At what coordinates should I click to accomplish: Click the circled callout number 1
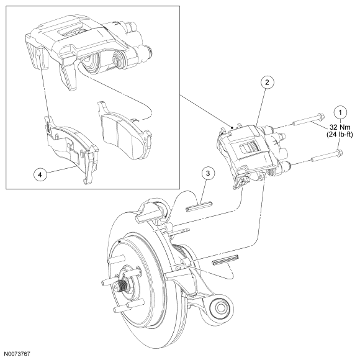340,112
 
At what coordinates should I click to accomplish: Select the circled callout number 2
267,82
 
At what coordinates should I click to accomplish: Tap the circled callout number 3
208,173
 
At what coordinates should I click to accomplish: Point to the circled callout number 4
40,174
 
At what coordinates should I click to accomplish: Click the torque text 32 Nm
340,127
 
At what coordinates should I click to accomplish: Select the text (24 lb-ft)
340,135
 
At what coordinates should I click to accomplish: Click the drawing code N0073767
17,354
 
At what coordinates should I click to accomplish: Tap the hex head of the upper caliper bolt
320,116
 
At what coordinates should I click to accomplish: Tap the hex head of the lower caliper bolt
339,152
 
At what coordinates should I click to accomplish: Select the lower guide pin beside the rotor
225,259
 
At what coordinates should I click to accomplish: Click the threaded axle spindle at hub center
124,284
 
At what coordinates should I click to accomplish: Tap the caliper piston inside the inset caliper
92,62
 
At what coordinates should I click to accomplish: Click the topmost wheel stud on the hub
115,259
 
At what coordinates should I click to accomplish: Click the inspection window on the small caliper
250,148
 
